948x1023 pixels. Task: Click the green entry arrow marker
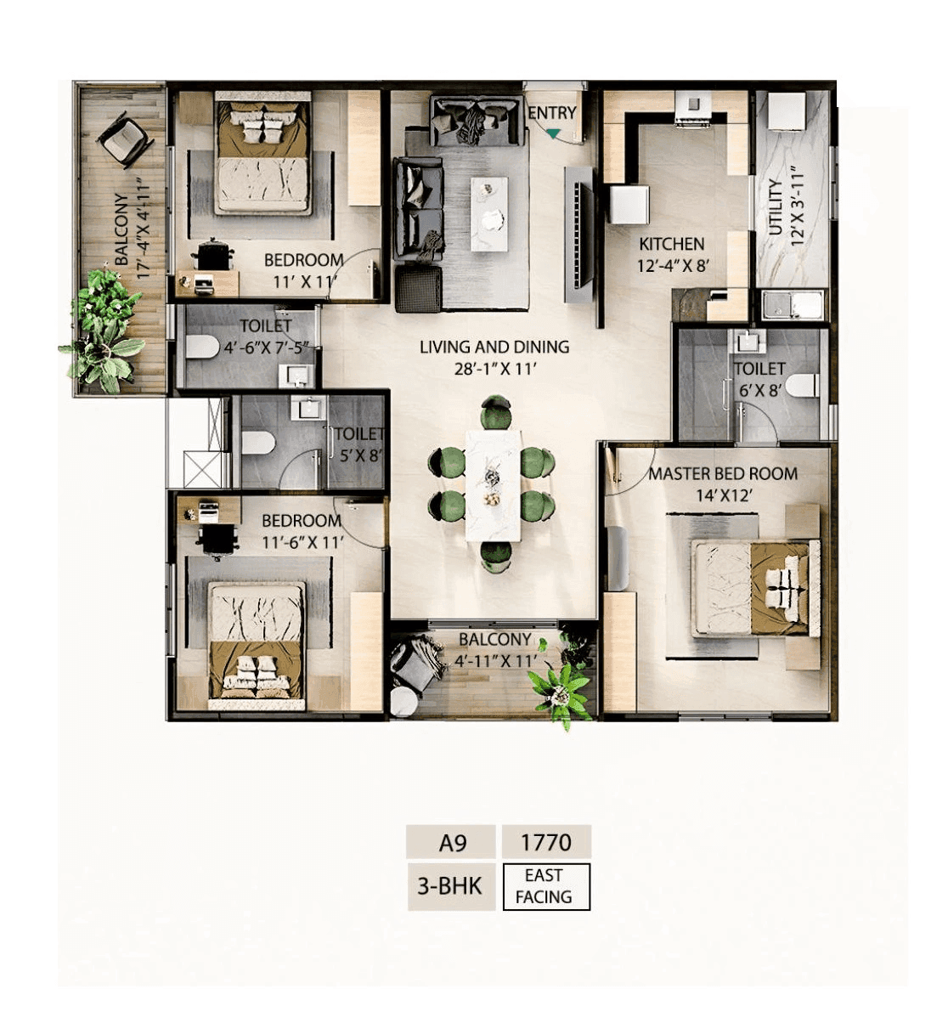[554, 133]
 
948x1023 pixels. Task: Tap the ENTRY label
[552, 112]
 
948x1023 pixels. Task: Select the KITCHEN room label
[671, 244]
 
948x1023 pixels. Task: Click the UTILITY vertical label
[775, 208]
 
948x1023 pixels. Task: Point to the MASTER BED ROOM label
[723, 474]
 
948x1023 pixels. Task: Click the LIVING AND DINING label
[494, 347]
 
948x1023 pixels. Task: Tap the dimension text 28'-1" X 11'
[494, 369]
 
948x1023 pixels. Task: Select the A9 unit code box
[452, 843]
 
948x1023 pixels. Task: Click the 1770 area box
[545, 843]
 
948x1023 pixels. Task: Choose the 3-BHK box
[450, 886]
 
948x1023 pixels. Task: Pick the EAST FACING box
[545, 886]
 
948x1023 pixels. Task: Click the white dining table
[493, 484]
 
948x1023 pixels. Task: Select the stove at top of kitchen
[694, 107]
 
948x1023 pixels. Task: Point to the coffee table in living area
[489, 202]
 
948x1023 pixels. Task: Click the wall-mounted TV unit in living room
[580, 234]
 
